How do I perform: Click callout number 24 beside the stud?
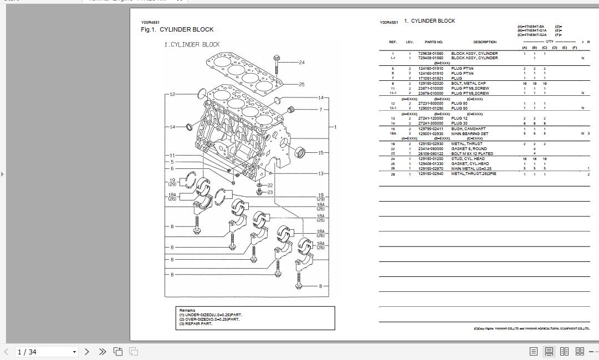click(301, 63)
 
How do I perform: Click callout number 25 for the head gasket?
click(301, 85)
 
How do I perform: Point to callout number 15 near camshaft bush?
click(321, 153)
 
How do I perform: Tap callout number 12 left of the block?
click(172, 94)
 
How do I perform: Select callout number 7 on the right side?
click(320, 110)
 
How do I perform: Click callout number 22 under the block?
click(270, 186)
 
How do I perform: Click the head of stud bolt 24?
click(277, 57)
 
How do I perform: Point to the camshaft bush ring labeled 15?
click(302, 151)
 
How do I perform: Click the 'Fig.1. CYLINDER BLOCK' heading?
click(177, 30)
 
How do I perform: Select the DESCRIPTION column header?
click(484, 42)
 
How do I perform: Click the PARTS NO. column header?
click(433, 42)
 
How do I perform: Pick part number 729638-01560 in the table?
click(431, 54)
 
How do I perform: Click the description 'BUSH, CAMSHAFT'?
click(468, 129)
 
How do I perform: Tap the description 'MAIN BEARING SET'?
click(469, 133)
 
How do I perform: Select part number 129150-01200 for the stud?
click(431, 159)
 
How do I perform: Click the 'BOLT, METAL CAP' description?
click(468, 84)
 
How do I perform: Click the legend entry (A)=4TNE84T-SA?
click(531, 27)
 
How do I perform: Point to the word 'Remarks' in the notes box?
click(187, 310)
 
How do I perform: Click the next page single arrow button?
click(87, 352)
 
